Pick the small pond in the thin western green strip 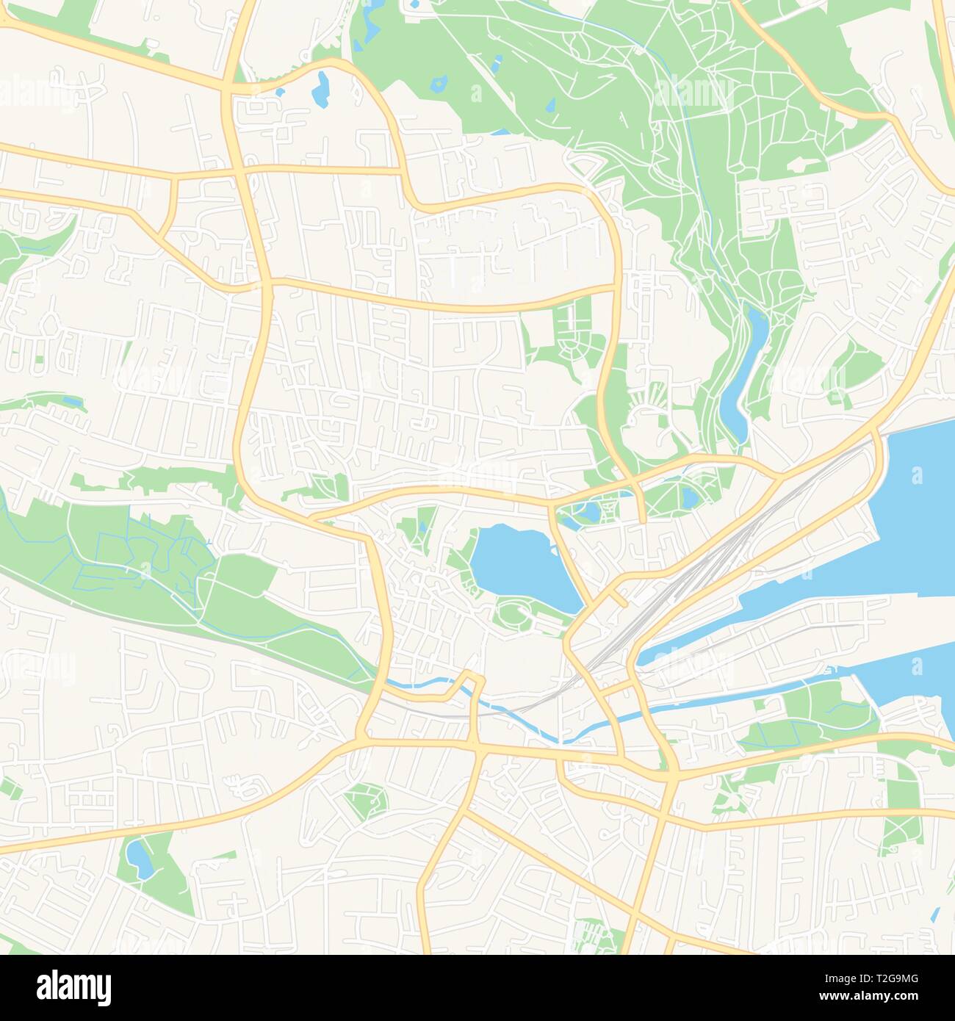(71, 402)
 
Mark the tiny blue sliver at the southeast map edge (934, 915)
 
